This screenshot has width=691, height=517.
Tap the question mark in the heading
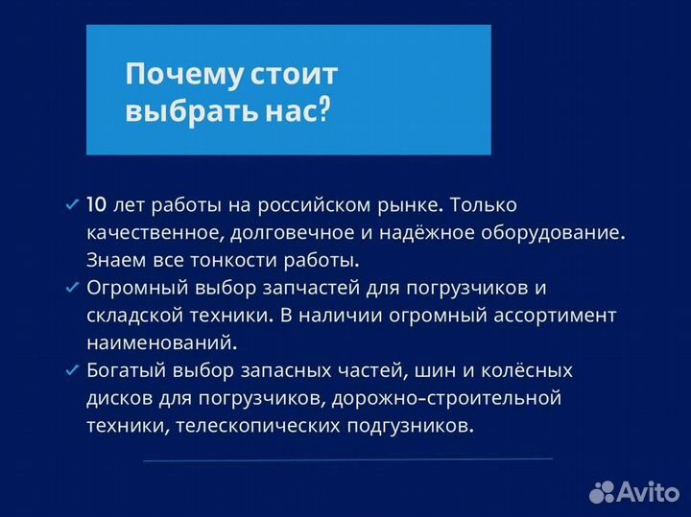323,112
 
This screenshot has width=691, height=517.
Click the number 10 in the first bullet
97,205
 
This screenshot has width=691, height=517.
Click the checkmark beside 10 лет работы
71,205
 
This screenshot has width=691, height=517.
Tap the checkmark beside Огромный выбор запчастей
71,288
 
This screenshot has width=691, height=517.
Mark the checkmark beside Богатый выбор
71,370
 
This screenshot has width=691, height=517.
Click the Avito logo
634,490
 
